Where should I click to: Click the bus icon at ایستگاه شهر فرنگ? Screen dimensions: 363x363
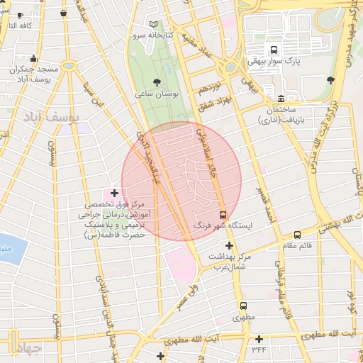click(223, 213)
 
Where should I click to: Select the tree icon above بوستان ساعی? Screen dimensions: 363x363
click(156, 82)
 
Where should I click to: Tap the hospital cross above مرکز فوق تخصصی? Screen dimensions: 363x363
click(113, 193)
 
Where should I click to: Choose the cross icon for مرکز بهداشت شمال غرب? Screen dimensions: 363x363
click(228, 245)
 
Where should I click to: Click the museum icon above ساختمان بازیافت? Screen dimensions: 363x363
click(281, 99)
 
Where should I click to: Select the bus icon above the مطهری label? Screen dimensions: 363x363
click(242, 306)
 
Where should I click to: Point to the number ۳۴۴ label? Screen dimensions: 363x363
click(258, 350)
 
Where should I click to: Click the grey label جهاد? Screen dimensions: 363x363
click(26, 349)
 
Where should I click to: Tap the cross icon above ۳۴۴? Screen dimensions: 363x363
click(259, 339)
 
